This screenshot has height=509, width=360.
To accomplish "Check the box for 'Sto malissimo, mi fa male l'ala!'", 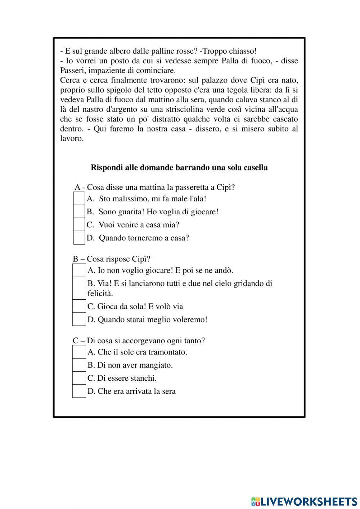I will (x=79, y=198).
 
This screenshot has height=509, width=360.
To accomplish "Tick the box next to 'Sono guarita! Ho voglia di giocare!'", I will (x=79, y=211).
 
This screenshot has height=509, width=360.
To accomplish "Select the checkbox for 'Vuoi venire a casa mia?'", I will (x=79, y=225).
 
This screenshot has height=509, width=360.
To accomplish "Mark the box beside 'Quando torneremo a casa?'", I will (x=79, y=238).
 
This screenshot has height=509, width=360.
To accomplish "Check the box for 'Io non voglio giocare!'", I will (x=79, y=270).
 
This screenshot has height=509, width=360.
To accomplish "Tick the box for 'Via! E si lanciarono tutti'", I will (x=79, y=288).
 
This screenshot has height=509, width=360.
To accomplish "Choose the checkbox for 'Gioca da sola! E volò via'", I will (x=79, y=306).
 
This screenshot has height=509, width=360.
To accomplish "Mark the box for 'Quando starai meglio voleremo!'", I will (x=79, y=319).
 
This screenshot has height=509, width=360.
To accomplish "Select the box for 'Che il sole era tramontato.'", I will (x=79, y=352).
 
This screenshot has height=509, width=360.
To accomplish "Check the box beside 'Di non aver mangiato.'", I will (x=79, y=365).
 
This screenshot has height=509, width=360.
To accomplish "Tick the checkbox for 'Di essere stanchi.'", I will (x=79, y=378).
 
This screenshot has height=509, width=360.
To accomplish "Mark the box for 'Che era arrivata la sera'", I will (x=79, y=391).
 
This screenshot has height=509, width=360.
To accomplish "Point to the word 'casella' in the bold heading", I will (x=256, y=168).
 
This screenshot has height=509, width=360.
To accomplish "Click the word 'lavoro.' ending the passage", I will (x=72, y=139).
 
